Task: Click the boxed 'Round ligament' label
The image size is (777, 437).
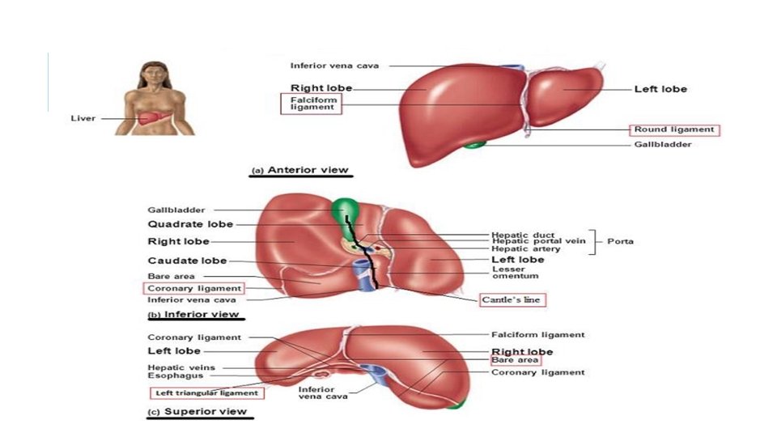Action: pos(674,129)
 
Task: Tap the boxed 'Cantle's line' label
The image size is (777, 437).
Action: pos(513,299)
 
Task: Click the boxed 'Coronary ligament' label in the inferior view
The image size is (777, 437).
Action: pos(194,288)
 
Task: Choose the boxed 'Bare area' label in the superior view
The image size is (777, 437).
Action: pos(515,360)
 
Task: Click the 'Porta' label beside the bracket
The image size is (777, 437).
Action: pos(620,241)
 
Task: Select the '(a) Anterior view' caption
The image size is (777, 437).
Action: pos(300,171)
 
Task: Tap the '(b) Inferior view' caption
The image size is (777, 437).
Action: pos(193,315)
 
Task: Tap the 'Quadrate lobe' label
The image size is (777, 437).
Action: pos(190,224)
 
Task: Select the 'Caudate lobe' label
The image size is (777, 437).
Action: pos(187,261)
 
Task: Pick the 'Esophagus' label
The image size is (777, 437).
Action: pos(170,375)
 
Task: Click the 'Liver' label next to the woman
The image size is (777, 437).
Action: pos(83,118)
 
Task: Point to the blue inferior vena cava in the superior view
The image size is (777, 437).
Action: pos(376,375)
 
